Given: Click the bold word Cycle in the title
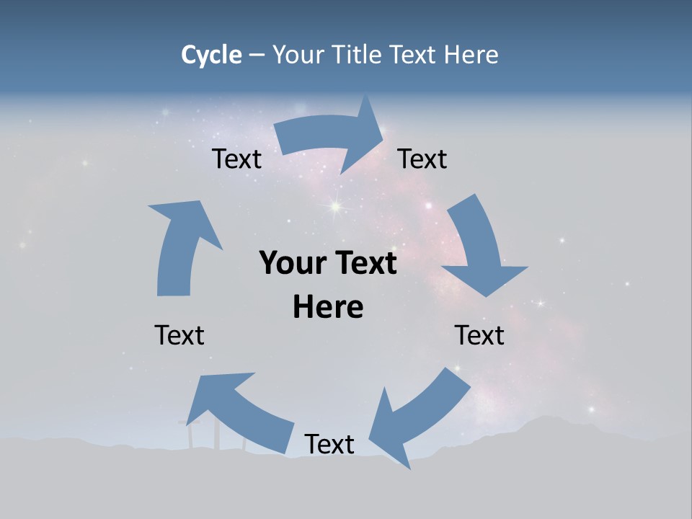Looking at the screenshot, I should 211,55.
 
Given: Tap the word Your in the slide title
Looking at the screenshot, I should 298,55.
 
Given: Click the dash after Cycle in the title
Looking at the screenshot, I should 257,56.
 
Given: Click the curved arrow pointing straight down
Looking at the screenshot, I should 479,245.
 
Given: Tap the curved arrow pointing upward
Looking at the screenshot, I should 180,245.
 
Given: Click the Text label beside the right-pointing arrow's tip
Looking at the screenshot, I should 422,159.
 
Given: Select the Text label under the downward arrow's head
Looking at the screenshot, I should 479,335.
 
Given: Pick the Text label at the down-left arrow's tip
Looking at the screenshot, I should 329,445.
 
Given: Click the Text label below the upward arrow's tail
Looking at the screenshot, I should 179,335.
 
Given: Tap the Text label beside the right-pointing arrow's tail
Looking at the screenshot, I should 236,159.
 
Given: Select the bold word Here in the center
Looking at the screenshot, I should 328,307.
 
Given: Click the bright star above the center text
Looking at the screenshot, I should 335,207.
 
